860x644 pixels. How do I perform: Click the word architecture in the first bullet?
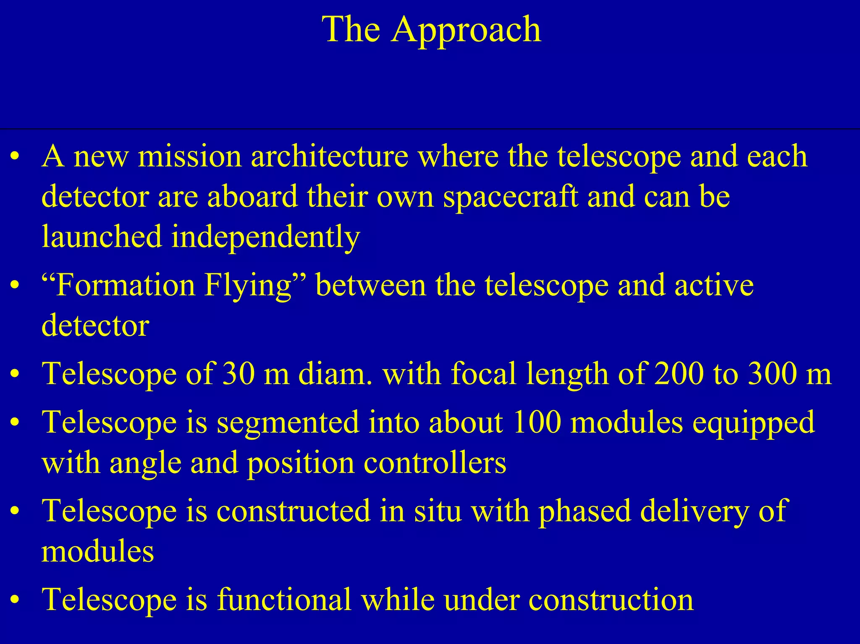330,156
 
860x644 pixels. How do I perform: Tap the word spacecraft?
511,197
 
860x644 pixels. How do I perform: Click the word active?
714,285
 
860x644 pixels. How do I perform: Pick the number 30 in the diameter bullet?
238,374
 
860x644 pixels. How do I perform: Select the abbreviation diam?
335,374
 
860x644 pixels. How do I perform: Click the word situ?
438,511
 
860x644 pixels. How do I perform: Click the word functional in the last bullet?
284,599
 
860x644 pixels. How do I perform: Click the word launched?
102,237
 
